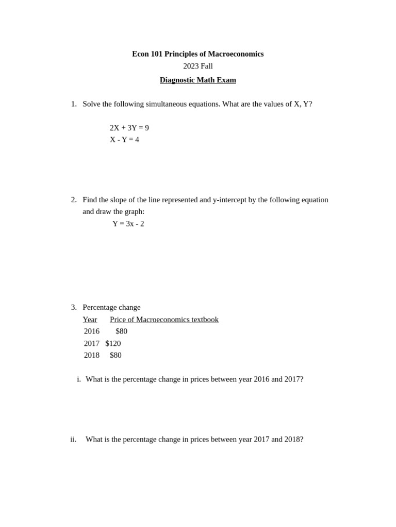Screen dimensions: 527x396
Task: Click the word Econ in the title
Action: [140, 54]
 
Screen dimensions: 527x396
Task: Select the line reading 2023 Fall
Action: [198, 66]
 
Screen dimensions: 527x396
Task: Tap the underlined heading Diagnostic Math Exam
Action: [198, 80]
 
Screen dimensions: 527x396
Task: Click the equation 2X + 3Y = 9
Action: [129, 128]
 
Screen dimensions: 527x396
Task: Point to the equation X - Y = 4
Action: [124, 140]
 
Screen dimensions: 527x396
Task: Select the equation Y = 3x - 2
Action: [128, 224]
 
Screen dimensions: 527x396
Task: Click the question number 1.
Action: [73, 104]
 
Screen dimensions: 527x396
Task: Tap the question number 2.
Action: [73, 200]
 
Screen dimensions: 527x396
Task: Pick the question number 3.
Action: [73, 307]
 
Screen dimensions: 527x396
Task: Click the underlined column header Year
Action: [90, 320]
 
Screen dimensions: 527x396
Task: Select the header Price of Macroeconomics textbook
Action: [164, 320]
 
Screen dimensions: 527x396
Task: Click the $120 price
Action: [113, 343]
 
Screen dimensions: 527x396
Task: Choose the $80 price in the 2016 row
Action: [121, 331]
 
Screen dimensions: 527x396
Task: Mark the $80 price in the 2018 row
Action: [115, 355]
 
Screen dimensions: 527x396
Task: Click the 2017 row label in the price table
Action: [92, 343]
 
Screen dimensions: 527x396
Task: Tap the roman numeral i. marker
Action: [78, 379]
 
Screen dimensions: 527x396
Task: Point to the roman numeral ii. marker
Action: [73, 440]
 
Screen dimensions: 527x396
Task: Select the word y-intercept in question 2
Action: [229, 200]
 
